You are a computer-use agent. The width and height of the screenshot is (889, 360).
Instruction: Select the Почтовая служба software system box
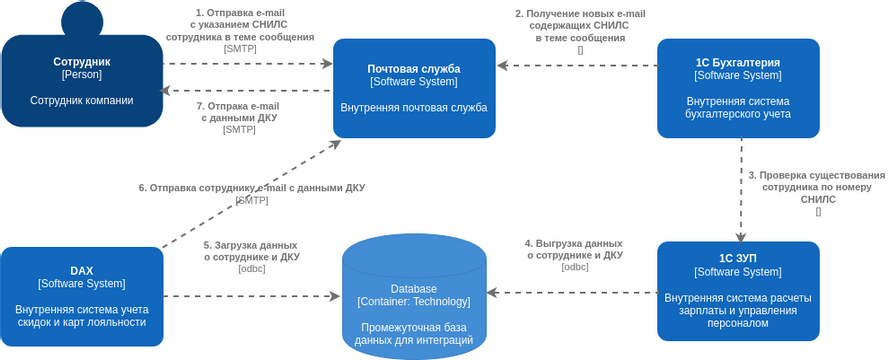[x=414, y=88]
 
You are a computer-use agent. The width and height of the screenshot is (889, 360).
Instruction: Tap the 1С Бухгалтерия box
[x=738, y=88]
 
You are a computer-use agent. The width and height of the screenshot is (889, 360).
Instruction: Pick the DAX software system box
[x=82, y=296]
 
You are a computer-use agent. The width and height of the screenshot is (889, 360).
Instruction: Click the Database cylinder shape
[x=414, y=295]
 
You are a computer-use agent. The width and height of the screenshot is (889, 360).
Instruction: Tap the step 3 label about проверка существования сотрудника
[x=817, y=187]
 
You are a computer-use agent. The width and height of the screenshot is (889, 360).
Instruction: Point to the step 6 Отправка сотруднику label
[x=251, y=187]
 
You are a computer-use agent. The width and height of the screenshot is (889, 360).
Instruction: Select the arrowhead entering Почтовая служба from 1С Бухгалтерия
[x=503, y=66]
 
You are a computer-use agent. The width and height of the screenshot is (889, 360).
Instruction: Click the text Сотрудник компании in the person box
[x=82, y=100]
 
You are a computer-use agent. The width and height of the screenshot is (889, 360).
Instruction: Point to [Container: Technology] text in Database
[x=414, y=302]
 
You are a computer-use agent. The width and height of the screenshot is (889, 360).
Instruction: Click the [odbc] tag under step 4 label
[x=575, y=267]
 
